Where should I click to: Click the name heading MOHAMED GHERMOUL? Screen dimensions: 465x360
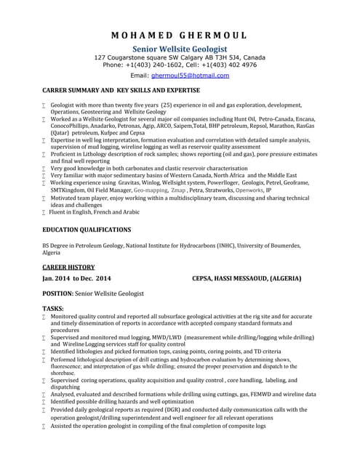(x=179, y=35)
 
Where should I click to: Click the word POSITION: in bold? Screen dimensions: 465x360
(x=58, y=294)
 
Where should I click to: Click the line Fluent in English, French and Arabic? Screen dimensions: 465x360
(x=95, y=211)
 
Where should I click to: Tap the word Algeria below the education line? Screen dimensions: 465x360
(x=52, y=253)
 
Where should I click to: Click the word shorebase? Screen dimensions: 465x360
(x=64, y=372)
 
